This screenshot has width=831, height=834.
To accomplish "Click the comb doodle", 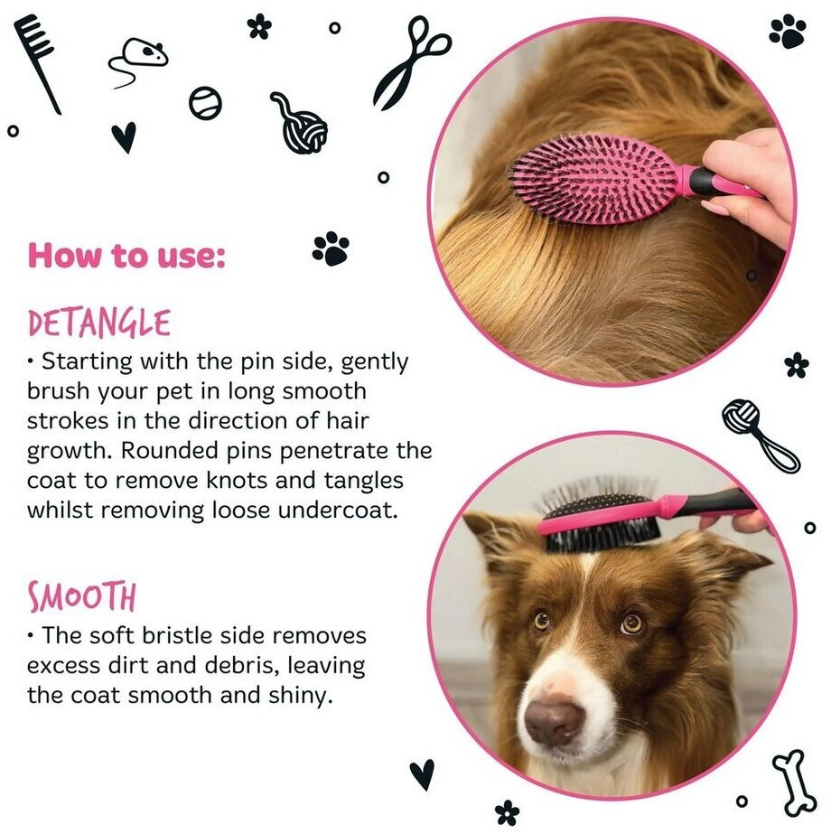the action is [x=36, y=62].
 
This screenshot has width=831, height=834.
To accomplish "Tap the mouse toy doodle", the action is [x=137, y=60].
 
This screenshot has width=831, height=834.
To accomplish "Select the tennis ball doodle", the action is [x=205, y=103].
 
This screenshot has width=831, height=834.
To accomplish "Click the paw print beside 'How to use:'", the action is [x=331, y=248].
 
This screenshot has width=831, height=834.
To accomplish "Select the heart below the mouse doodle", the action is [x=124, y=137].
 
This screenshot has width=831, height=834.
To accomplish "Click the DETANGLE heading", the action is [x=99, y=323].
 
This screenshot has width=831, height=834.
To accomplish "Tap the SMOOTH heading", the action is [x=82, y=596].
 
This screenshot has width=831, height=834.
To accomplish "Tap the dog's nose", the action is [x=554, y=721].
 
